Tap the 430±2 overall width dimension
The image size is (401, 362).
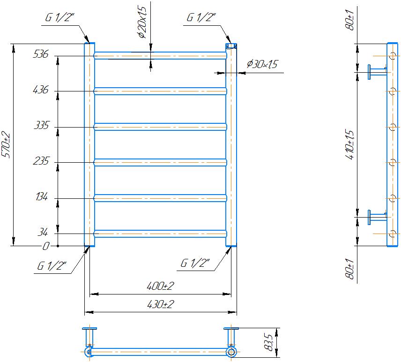[x=160, y=304]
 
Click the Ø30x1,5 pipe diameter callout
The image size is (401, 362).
[x=261, y=64]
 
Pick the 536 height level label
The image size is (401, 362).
[x=41, y=54]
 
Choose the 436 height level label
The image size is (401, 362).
[x=41, y=90]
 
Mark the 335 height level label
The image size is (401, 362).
[x=41, y=126]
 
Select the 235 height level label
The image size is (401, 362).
[x=41, y=161]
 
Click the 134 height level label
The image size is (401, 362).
[x=41, y=197]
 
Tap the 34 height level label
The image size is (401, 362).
[x=43, y=232]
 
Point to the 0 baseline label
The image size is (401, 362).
[x=46, y=246]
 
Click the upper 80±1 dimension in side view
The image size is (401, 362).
[x=349, y=21]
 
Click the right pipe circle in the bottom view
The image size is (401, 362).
[x=231, y=352]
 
